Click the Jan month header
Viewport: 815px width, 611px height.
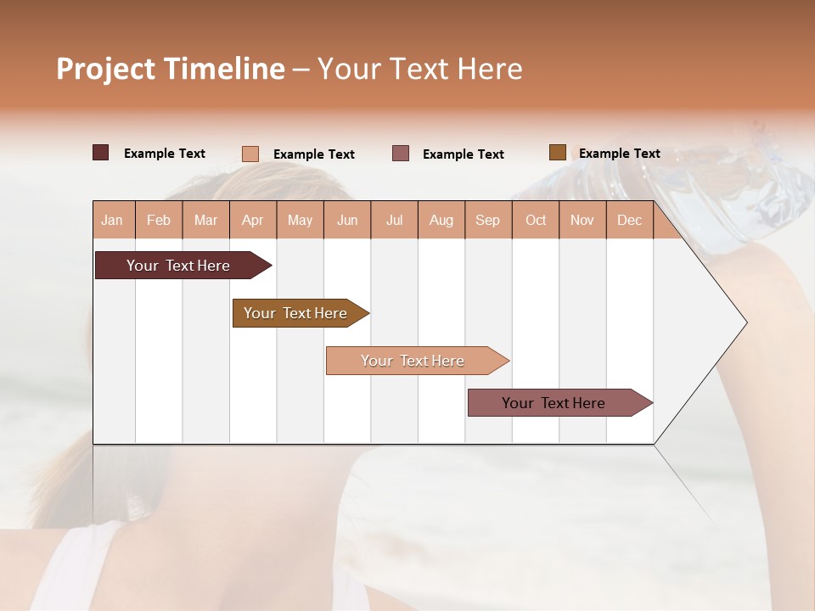[x=113, y=220]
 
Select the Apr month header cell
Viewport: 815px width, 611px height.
[x=253, y=220]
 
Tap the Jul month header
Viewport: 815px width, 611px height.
[x=394, y=220]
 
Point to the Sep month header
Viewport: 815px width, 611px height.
[x=487, y=220]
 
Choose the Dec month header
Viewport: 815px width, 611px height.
[x=629, y=220]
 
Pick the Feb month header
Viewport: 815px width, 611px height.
[x=159, y=220]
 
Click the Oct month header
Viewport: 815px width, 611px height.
[x=536, y=220]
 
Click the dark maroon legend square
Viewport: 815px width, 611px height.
[x=101, y=153]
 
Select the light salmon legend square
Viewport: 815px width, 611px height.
[x=250, y=154]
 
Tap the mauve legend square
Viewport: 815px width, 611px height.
[x=401, y=154]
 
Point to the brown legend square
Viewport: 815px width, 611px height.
[x=558, y=153]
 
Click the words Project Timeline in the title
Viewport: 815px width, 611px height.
[x=170, y=69]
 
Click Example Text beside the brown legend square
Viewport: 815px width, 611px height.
[x=619, y=154]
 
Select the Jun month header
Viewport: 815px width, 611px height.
[x=347, y=220]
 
